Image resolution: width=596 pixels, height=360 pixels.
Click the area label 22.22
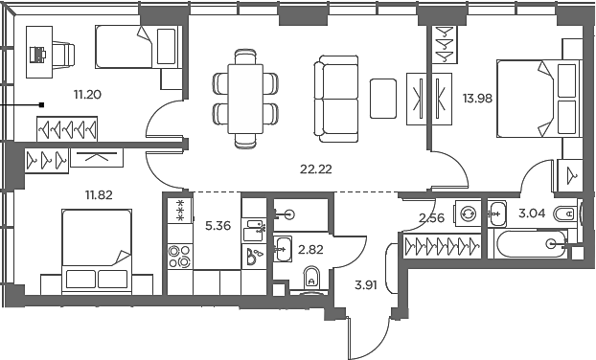(x=316, y=169)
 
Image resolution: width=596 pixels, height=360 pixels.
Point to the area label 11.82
(x=99, y=194)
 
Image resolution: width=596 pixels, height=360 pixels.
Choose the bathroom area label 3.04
(x=533, y=214)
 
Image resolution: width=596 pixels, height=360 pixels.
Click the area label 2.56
(x=433, y=219)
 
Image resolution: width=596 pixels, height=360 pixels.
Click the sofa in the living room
(x=335, y=97)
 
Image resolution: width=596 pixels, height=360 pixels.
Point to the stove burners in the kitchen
(x=179, y=256)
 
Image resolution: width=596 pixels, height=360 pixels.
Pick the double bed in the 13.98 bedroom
(x=537, y=99)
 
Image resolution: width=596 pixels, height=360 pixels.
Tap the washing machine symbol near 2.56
(x=469, y=213)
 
